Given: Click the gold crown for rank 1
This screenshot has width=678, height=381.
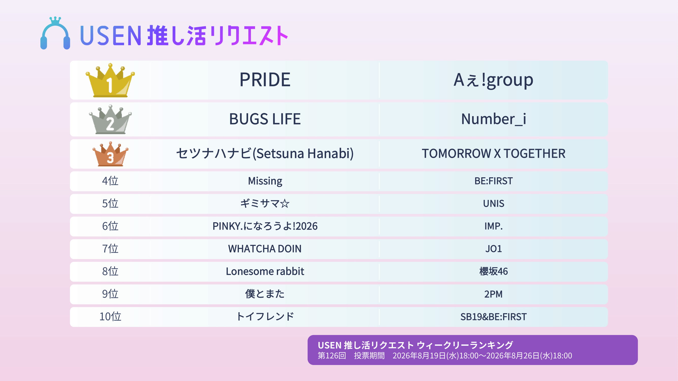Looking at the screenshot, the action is pyautogui.click(x=110, y=80).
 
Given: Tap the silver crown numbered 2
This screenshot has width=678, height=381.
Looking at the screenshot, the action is pyautogui.click(x=110, y=120).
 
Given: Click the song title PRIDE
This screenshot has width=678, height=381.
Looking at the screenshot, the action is pyautogui.click(x=265, y=80).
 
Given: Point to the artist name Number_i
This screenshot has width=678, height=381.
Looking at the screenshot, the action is pyautogui.click(x=493, y=119).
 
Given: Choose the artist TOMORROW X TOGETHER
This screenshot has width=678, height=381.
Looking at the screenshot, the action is pyautogui.click(x=493, y=154).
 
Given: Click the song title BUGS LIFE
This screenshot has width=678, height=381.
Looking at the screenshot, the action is pyautogui.click(x=265, y=119).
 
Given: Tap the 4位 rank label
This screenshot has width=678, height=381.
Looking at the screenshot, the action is pyautogui.click(x=110, y=181).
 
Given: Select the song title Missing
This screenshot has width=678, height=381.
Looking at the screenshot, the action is pyautogui.click(x=265, y=181).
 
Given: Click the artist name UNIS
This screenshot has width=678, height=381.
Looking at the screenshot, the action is pyautogui.click(x=493, y=203).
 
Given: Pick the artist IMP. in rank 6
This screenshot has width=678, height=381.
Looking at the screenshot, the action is pyautogui.click(x=493, y=226).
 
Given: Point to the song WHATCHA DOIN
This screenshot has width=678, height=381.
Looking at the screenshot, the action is pyautogui.click(x=265, y=249).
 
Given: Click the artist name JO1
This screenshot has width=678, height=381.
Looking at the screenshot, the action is pyautogui.click(x=493, y=249).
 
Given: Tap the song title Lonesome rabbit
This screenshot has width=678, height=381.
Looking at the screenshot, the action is pyautogui.click(x=265, y=271).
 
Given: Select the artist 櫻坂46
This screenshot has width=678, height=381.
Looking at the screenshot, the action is pyautogui.click(x=493, y=271).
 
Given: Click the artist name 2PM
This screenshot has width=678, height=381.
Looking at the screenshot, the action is pyautogui.click(x=493, y=294).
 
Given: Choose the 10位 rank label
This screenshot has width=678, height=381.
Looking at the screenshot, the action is pyautogui.click(x=110, y=316).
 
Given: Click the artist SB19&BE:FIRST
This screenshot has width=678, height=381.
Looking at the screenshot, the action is pyautogui.click(x=493, y=317).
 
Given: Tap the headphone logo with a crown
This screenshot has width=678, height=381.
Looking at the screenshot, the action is pyautogui.click(x=55, y=33).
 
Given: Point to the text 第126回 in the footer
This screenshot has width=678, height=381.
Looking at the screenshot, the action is pyautogui.click(x=332, y=356).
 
